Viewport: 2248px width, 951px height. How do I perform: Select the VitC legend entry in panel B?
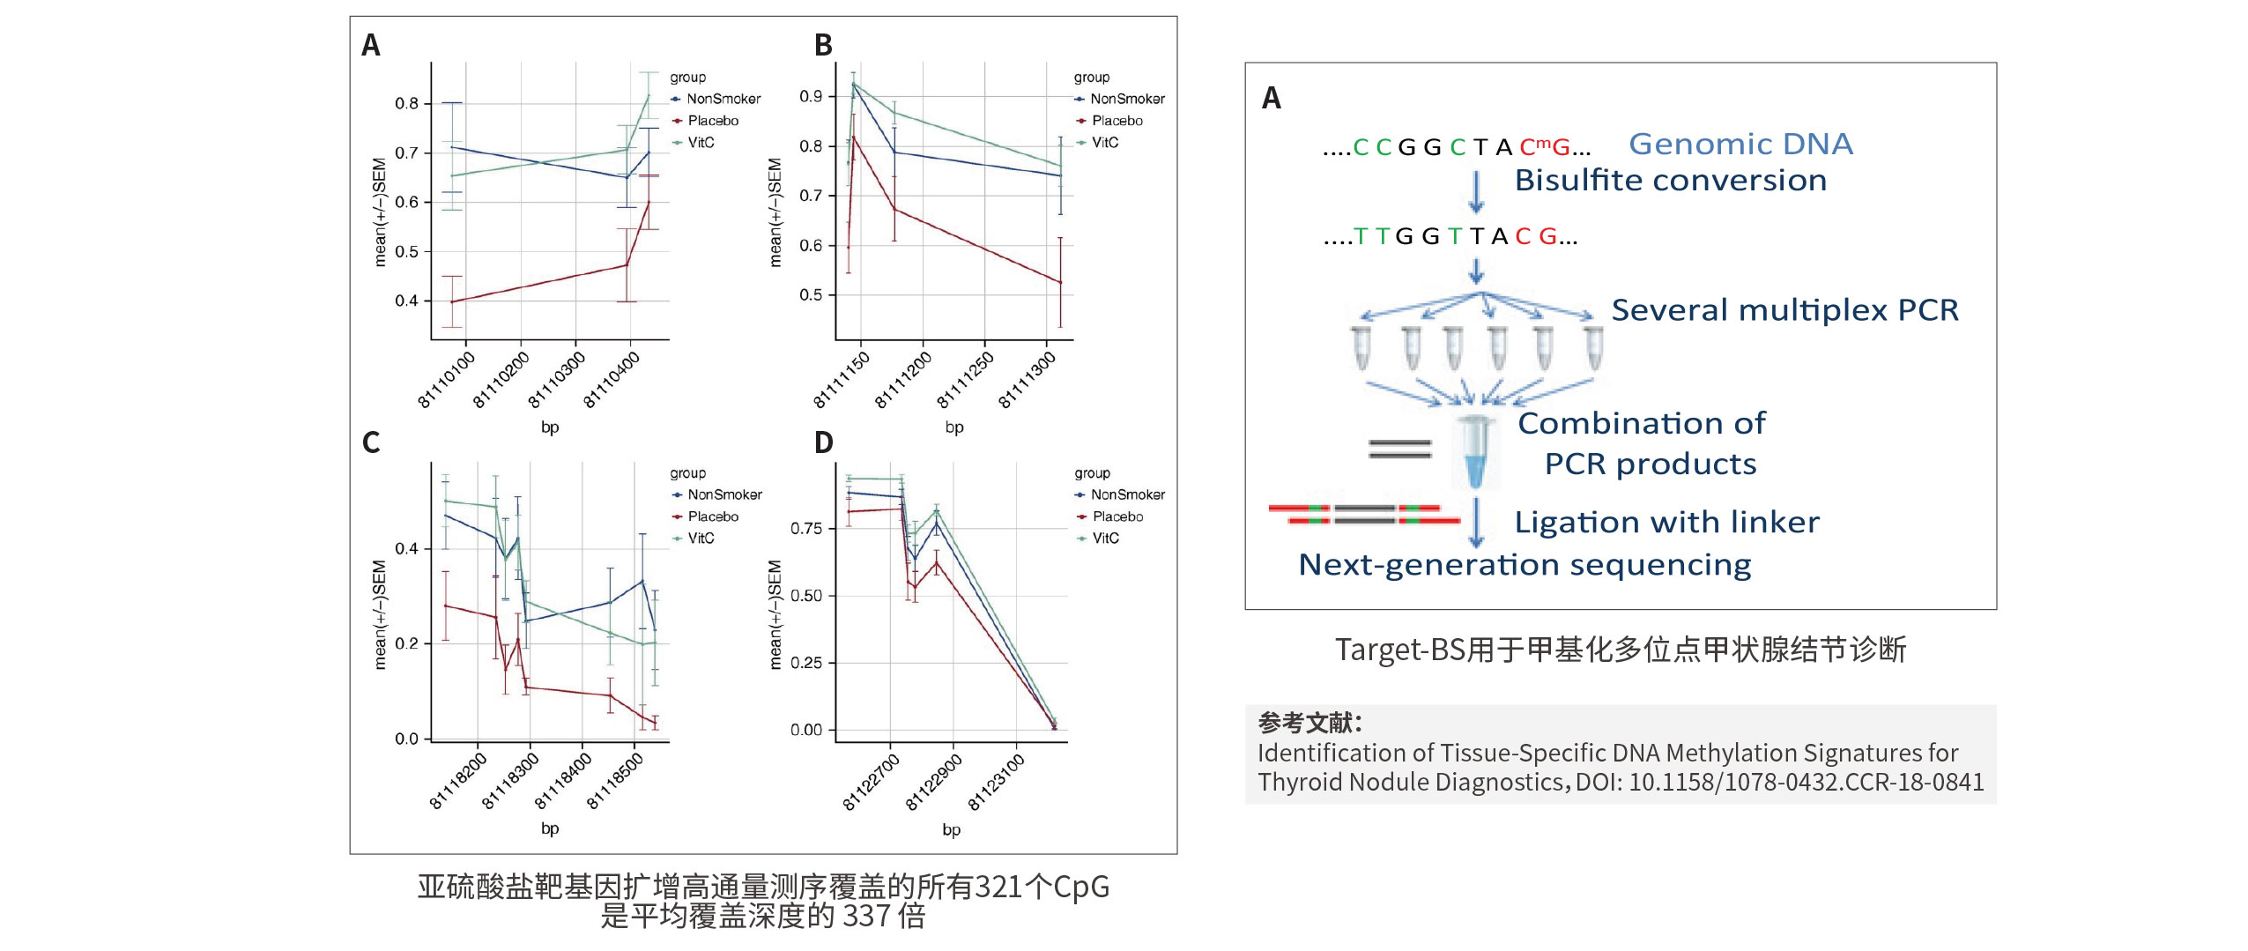click(1097, 143)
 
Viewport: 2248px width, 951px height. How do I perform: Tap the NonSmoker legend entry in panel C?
click(716, 494)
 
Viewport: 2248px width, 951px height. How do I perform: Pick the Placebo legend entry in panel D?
click(1109, 516)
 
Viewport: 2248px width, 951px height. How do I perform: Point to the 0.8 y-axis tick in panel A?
click(406, 103)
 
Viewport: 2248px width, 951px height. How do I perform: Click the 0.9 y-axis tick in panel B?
click(811, 96)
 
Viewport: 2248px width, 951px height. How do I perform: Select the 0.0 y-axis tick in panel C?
click(406, 739)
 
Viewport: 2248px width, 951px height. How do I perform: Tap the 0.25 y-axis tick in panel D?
click(806, 663)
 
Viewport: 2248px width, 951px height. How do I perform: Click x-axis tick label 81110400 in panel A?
click(612, 379)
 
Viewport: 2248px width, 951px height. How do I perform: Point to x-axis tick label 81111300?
click(1027, 379)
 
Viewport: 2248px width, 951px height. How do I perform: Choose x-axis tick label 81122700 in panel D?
click(871, 781)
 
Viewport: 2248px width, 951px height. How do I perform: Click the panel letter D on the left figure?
click(823, 442)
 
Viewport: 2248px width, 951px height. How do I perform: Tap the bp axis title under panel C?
click(550, 828)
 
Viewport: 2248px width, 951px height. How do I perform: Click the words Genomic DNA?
click(1740, 144)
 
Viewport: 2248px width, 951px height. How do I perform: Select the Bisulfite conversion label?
click(1671, 180)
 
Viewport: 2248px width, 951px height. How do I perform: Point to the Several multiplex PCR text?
click(1785, 309)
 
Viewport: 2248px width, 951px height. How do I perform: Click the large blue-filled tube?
click(1474, 452)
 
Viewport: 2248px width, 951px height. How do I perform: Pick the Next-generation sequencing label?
click(1525, 564)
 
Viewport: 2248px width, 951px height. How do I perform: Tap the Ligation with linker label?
click(1667, 522)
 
